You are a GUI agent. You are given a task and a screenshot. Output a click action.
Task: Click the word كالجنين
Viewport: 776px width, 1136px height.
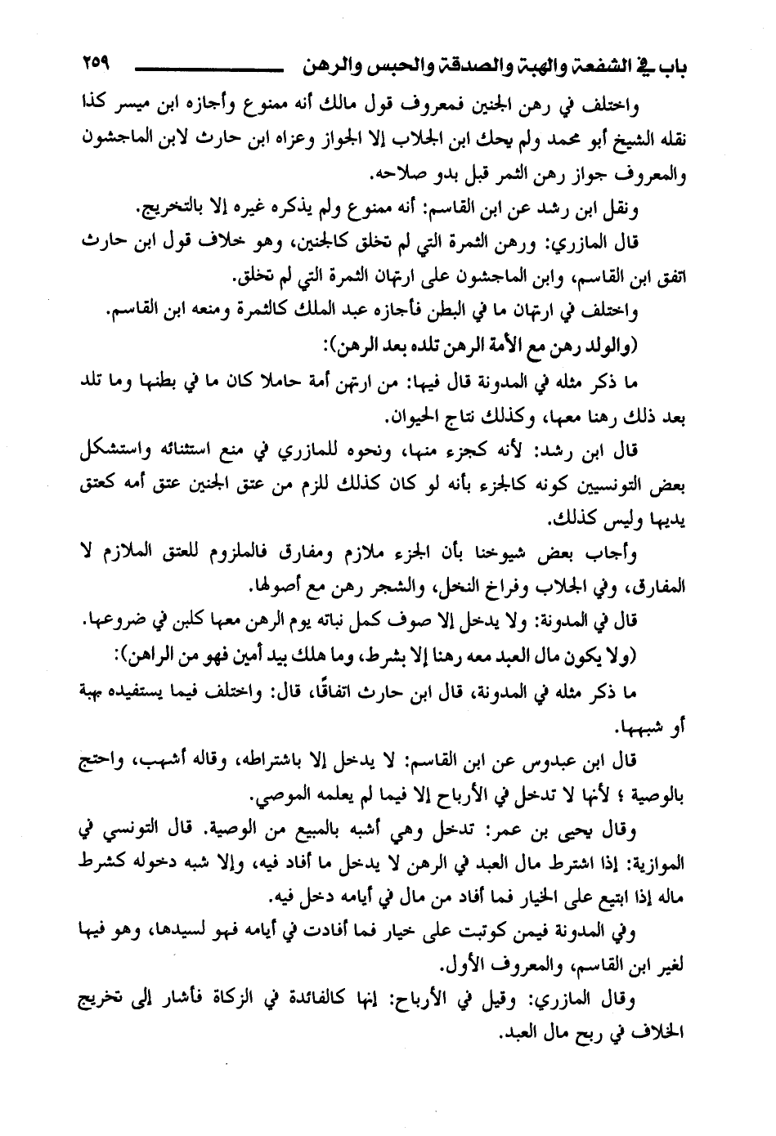[332, 243]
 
